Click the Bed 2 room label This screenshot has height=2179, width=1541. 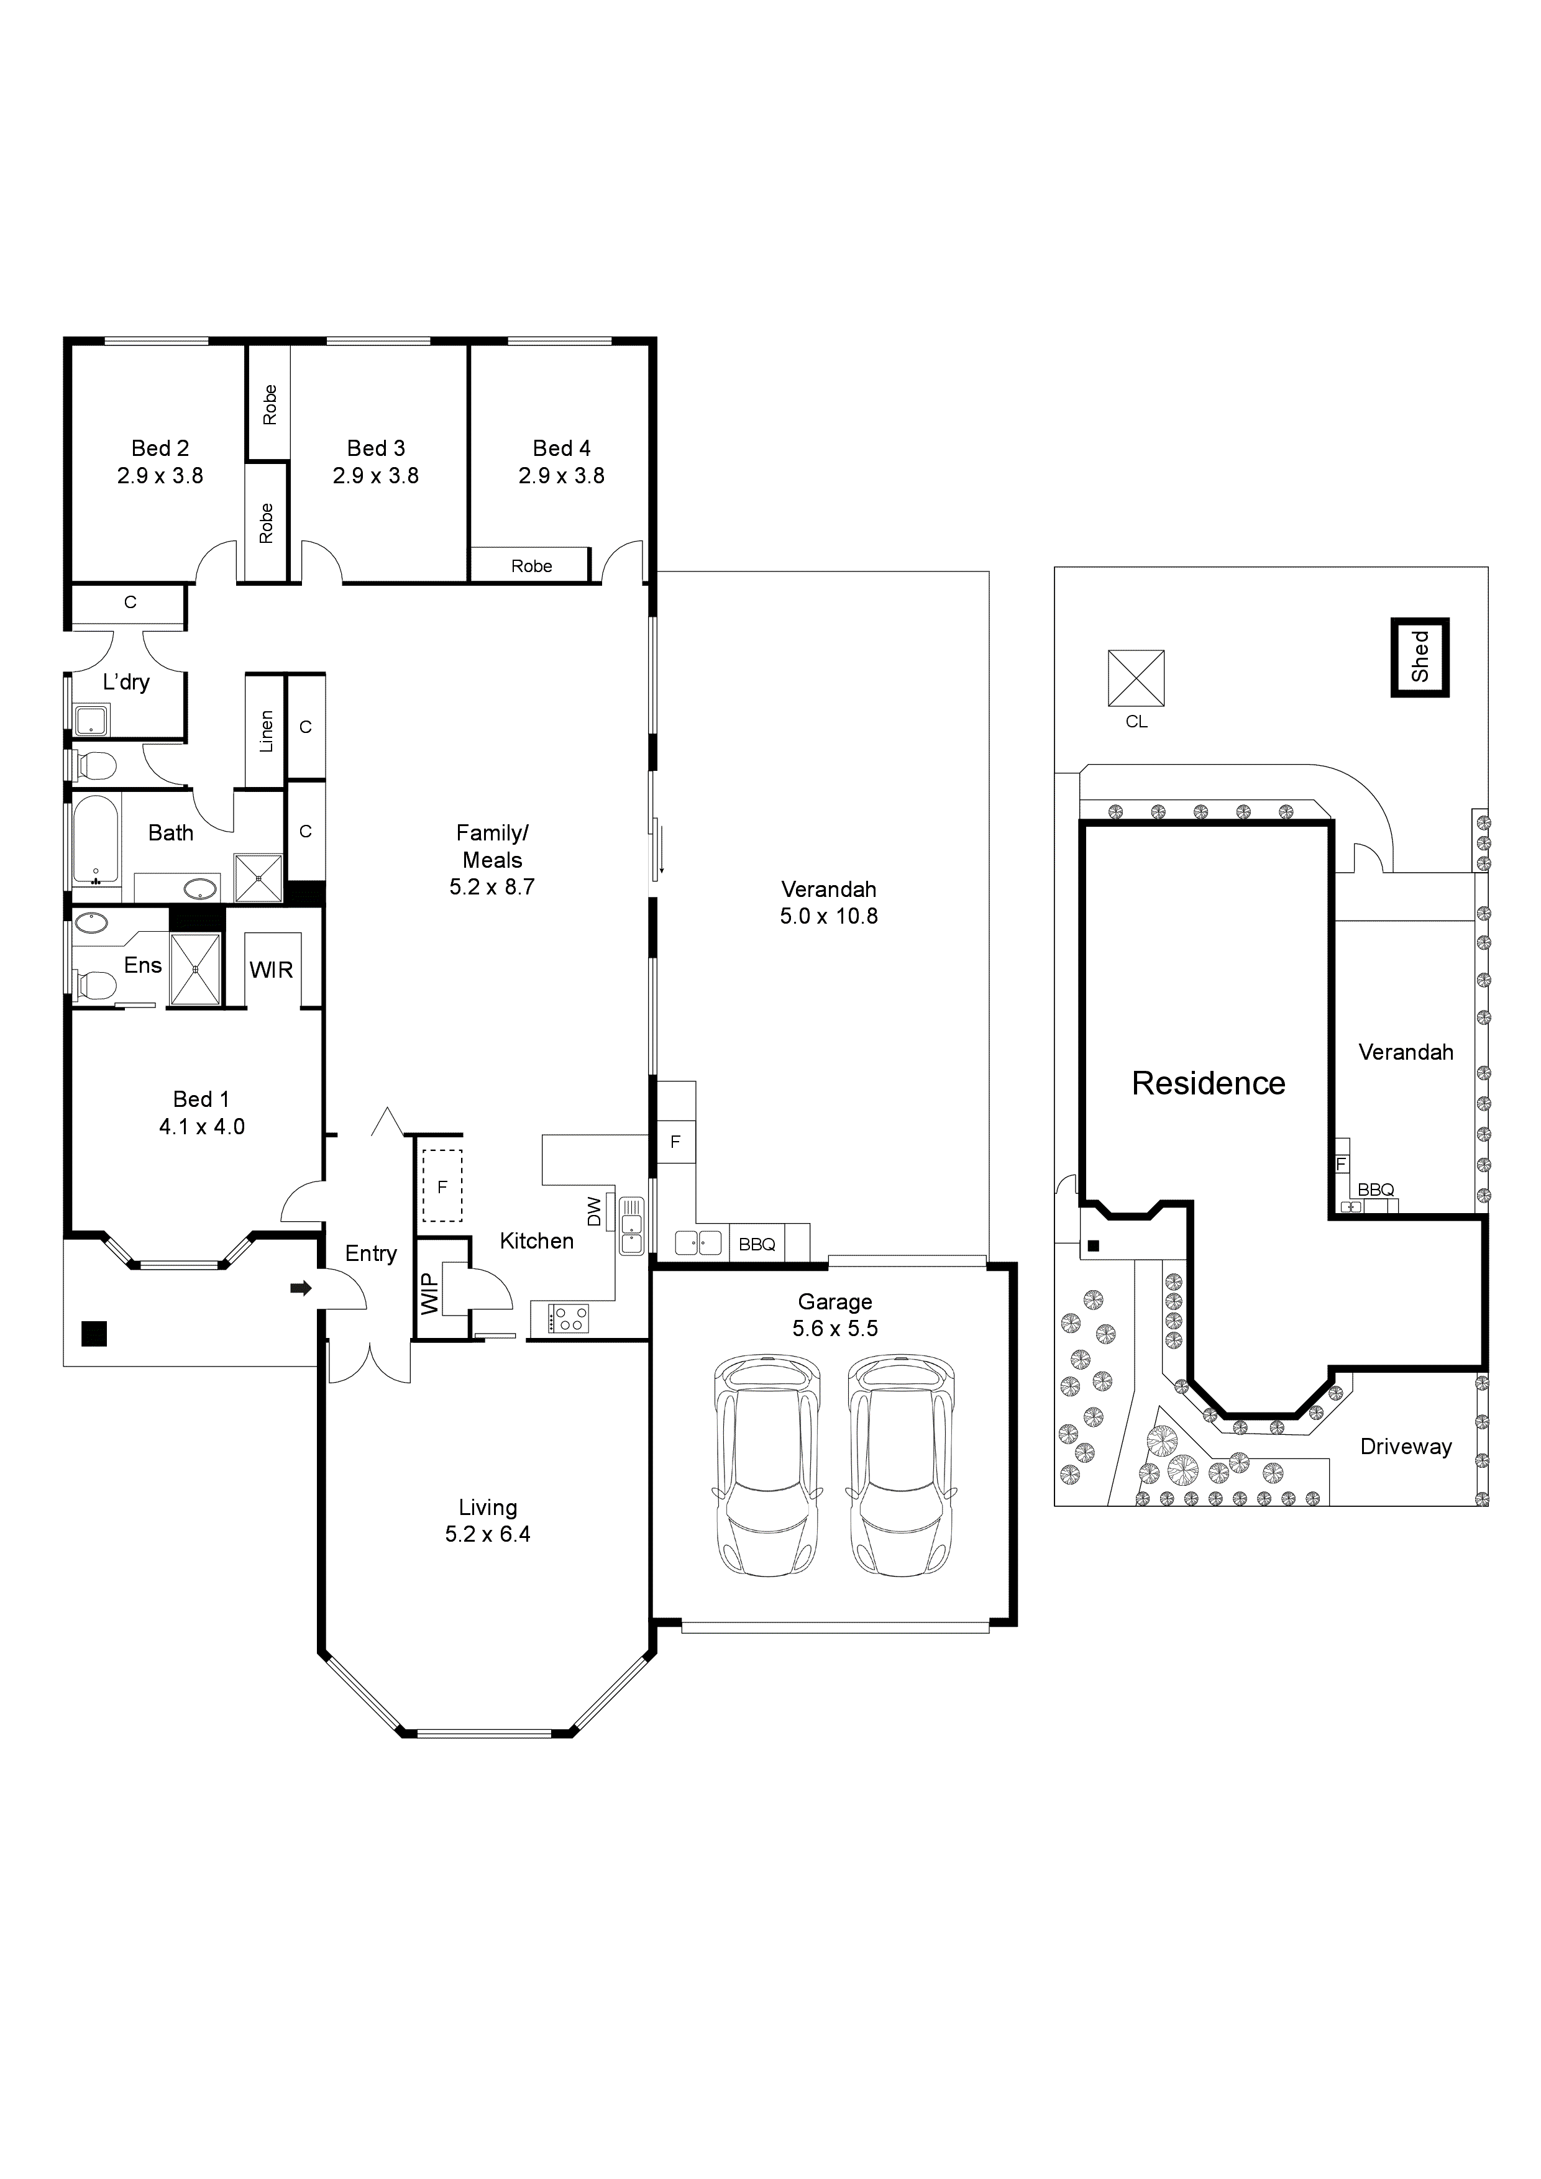pyautogui.click(x=160, y=448)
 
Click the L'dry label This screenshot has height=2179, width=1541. pyautogui.click(x=126, y=681)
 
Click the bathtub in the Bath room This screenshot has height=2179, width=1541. pyautogui.click(x=96, y=840)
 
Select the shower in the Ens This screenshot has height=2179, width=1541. pyautogui.click(x=196, y=969)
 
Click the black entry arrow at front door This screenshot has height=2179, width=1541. pyautogui.click(x=300, y=1288)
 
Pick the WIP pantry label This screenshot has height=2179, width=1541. pyautogui.click(x=429, y=1293)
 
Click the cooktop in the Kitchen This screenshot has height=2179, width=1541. pyautogui.click(x=568, y=1318)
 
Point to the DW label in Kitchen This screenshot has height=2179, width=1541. pyautogui.click(x=595, y=1211)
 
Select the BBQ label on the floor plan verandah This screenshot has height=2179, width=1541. pyautogui.click(x=757, y=1244)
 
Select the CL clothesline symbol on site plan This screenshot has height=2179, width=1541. pyautogui.click(x=1136, y=678)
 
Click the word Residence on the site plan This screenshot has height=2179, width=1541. pyautogui.click(x=1208, y=1083)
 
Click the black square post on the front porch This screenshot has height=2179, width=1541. pyautogui.click(x=94, y=1334)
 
